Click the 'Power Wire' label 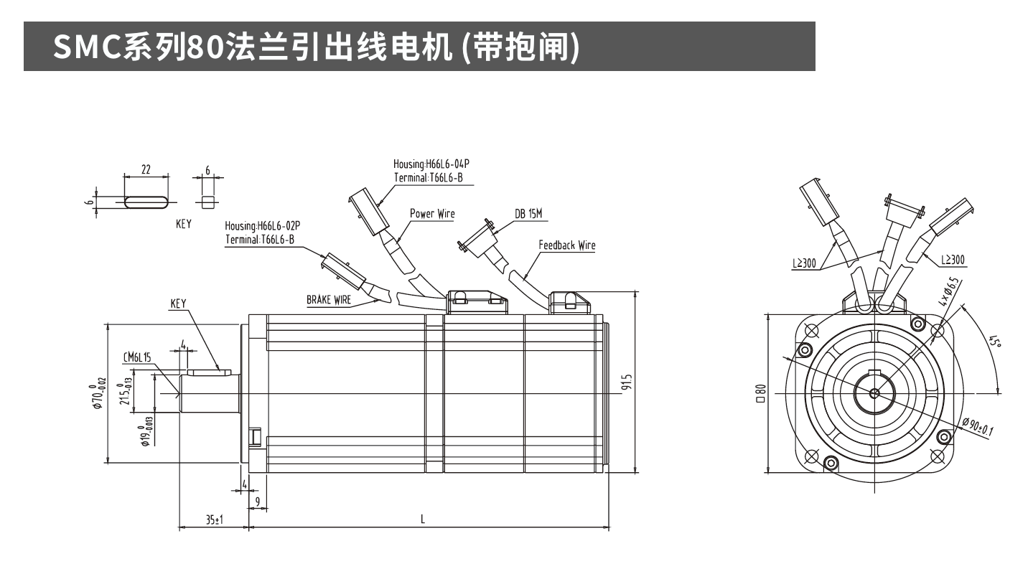point(432,214)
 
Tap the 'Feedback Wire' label point(566,245)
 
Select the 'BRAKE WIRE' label point(329,300)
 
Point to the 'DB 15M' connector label point(529,214)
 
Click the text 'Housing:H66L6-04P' point(431,164)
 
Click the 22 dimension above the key point(146,170)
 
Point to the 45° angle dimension point(994,342)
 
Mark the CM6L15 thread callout point(136,357)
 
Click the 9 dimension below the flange point(257,500)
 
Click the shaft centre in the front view point(874,393)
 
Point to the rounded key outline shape point(146,202)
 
